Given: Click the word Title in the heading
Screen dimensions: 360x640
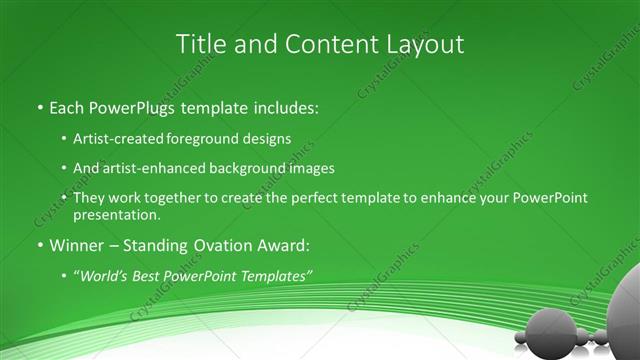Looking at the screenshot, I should pyautogui.click(x=200, y=44).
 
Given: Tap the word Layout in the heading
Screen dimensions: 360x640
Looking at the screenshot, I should pyautogui.click(x=424, y=44).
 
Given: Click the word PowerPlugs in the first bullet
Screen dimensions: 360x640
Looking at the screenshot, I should pyautogui.click(x=136, y=106).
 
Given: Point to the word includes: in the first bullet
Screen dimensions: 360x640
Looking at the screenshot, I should pyautogui.click(x=288, y=106).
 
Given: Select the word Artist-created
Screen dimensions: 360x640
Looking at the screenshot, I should pyautogui.click(x=118, y=139).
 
